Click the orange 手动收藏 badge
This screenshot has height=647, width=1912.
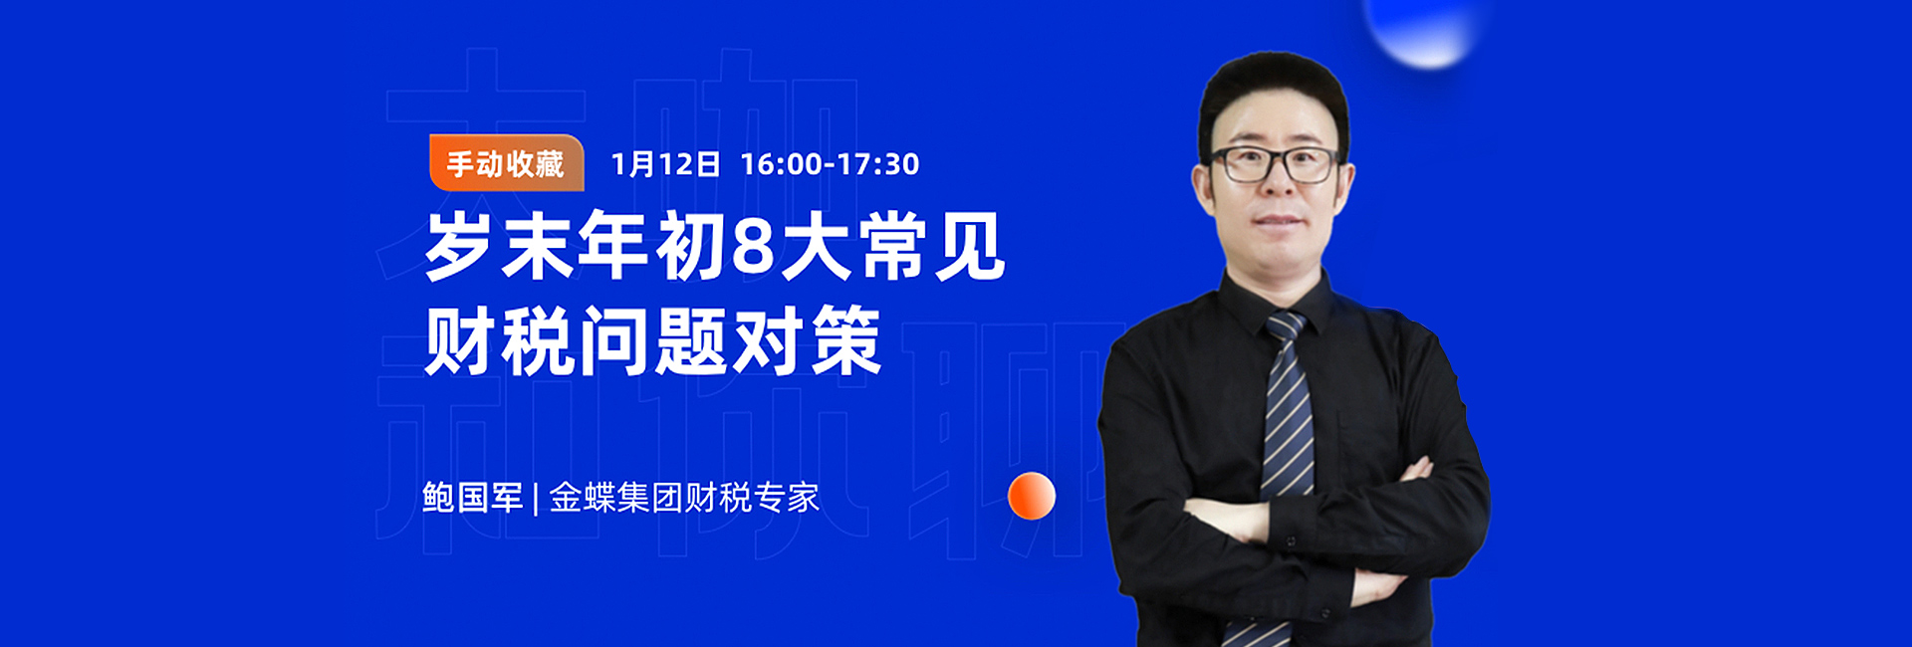[506, 163]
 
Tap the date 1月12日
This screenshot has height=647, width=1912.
[665, 164]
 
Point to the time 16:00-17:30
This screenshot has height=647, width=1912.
[830, 164]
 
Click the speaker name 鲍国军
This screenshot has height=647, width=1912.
[472, 497]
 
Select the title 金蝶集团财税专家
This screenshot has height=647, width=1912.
[684, 497]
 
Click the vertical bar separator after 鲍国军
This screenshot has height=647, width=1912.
[536, 498]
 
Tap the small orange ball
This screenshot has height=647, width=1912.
[1031, 496]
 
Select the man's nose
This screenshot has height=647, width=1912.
[1279, 189]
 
